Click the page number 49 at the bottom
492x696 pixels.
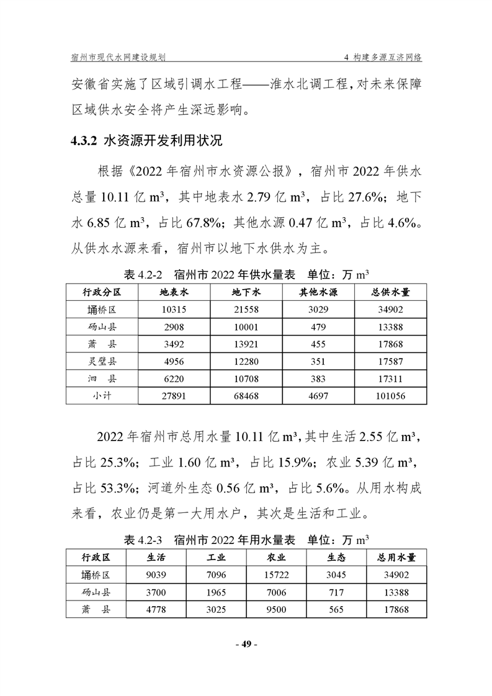click(x=246, y=644)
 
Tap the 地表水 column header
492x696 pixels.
click(x=174, y=292)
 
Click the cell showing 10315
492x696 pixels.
click(x=174, y=310)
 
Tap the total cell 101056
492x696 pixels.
click(x=391, y=395)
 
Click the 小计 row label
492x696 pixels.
click(x=101, y=395)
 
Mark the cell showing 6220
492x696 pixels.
click(x=174, y=378)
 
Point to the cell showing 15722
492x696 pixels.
click(x=276, y=575)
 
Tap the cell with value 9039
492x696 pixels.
click(x=156, y=575)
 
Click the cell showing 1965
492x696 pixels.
click(x=216, y=592)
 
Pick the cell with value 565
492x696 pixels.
click(x=336, y=610)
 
